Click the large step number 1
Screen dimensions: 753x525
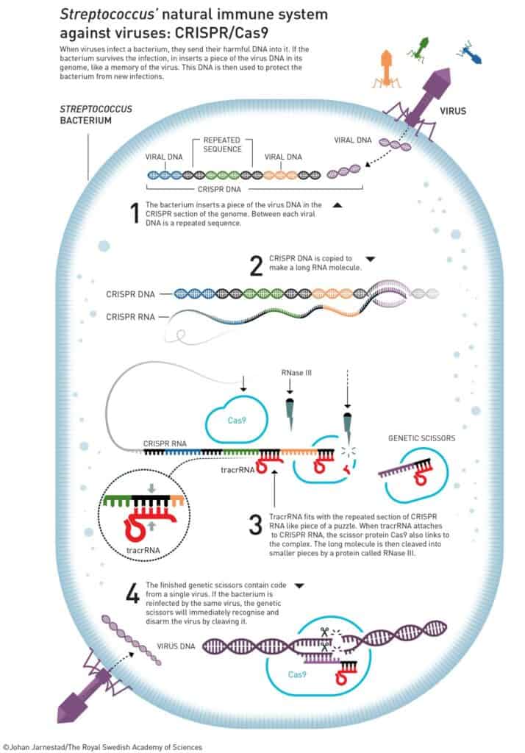[134, 213]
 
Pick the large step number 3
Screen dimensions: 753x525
[255, 524]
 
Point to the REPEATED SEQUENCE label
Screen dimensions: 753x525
[223, 143]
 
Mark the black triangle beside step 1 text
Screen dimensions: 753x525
[337, 206]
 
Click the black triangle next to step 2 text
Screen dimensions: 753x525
[370, 259]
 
